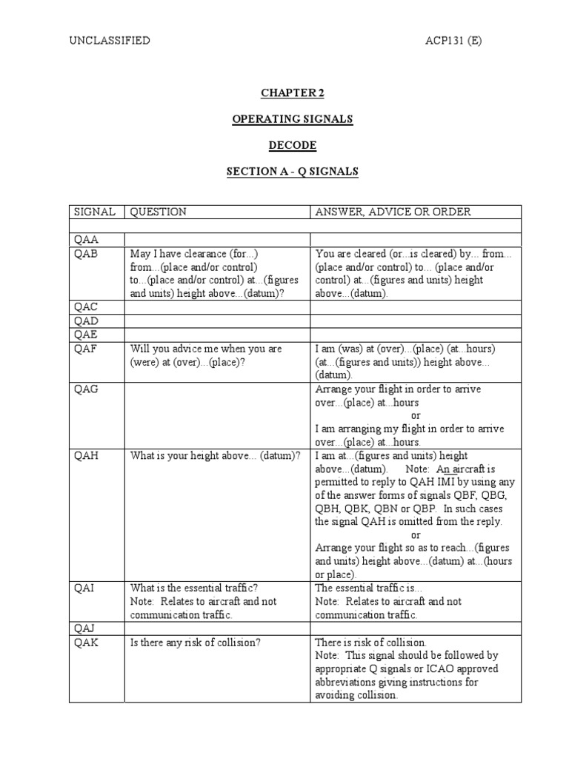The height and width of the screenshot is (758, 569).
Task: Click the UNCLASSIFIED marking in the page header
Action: [x=110, y=41]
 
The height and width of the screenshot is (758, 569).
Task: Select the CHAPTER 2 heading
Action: [x=292, y=93]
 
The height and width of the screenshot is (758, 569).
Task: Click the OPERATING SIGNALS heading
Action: [x=292, y=119]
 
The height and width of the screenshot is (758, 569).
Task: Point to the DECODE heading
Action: [x=292, y=145]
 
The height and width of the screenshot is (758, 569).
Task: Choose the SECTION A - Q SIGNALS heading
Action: [x=292, y=171]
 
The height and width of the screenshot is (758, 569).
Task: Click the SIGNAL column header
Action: [x=94, y=212]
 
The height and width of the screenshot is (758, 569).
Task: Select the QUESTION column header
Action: [x=159, y=212]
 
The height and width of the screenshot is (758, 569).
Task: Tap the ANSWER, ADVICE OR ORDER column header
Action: [x=393, y=212]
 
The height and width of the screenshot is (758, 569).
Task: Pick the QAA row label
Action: [x=86, y=240]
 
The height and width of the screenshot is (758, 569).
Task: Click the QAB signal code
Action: [x=86, y=254]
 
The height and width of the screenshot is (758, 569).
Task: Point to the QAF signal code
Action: [x=86, y=349]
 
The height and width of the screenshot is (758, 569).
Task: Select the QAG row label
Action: [x=86, y=389]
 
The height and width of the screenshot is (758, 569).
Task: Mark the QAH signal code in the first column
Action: [x=86, y=456]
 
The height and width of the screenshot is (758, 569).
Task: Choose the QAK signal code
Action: [x=86, y=643]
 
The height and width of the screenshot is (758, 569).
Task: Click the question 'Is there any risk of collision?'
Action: [x=196, y=643]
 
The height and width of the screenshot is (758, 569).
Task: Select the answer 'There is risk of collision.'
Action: [x=371, y=643]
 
